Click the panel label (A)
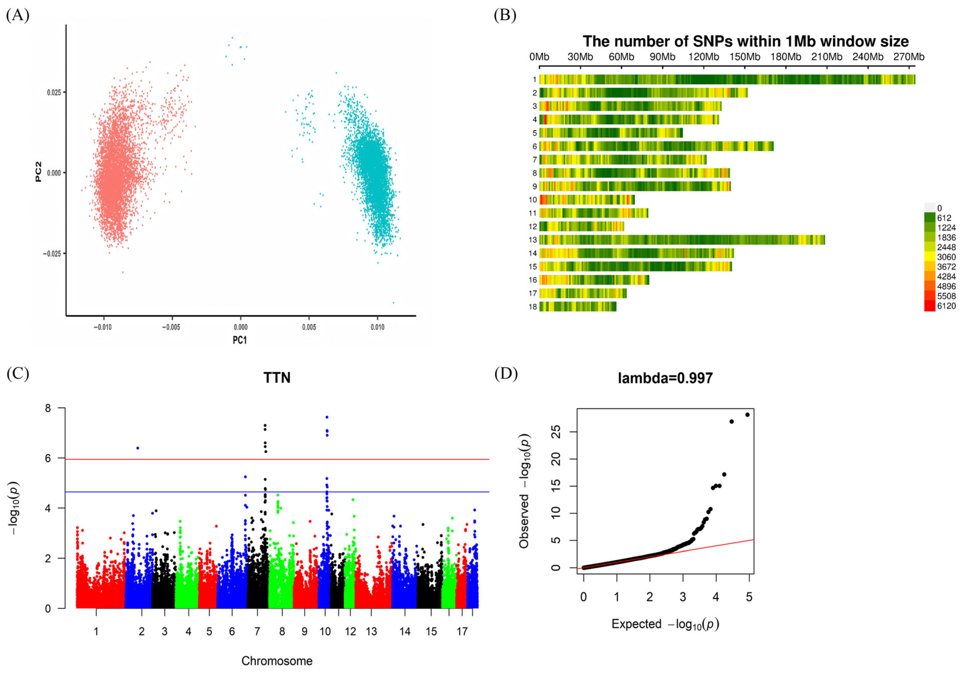18,16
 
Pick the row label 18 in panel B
532,307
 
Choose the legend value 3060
946,257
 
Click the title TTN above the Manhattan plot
277,378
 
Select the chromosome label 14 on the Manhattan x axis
405,632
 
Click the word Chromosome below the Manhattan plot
277,661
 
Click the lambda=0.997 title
665,378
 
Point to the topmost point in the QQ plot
747,415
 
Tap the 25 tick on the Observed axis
555,432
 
